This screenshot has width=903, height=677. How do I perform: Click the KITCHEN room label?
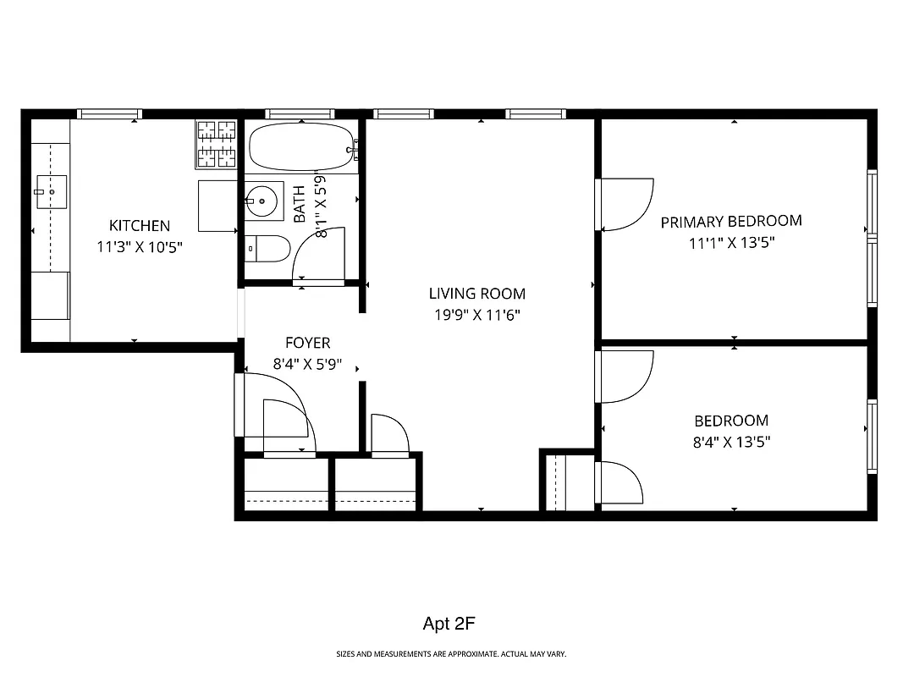(x=140, y=226)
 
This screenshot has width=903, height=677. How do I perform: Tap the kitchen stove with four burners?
(x=217, y=144)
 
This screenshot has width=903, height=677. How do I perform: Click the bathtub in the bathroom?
(x=300, y=147)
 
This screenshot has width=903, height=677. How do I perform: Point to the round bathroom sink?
(x=262, y=201)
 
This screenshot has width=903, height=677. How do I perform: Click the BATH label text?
(x=300, y=205)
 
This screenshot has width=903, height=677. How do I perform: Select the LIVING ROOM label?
(x=476, y=294)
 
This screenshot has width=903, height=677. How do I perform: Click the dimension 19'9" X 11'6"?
(x=476, y=315)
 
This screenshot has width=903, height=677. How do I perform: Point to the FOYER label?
(x=307, y=344)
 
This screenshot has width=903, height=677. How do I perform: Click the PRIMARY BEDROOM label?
(x=730, y=222)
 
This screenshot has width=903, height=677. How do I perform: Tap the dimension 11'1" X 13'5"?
(x=730, y=243)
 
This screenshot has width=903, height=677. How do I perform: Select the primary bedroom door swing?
(x=625, y=204)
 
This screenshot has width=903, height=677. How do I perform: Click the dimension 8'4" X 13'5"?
(x=731, y=442)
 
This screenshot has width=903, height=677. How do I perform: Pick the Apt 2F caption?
(x=450, y=625)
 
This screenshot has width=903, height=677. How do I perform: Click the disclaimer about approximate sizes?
(x=451, y=654)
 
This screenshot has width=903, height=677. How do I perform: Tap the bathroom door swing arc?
(x=319, y=254)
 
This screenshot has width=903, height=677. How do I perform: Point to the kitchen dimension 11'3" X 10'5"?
(x=140, y=247)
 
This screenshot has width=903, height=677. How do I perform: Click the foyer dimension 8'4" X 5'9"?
(x=307, y=365)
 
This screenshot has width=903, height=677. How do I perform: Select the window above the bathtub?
(x=300, y=113)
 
